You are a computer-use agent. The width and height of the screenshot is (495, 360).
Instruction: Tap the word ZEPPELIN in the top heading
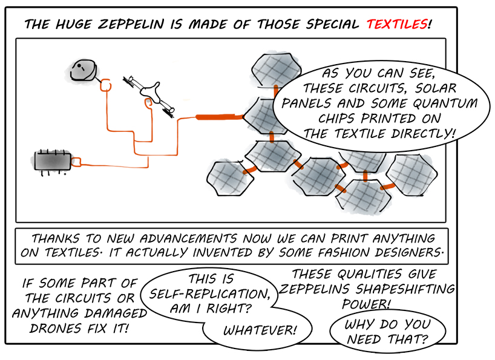click(131, 24)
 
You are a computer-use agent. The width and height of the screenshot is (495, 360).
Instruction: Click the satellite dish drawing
click(83, 70)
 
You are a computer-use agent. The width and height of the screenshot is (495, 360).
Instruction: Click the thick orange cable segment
click(220, 117)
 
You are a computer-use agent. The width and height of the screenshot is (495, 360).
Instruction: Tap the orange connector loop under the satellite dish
click(105, 85)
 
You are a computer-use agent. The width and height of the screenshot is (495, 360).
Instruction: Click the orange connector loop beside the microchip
click(76, 162)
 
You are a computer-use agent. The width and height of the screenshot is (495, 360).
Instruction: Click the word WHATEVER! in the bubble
click(260, 330)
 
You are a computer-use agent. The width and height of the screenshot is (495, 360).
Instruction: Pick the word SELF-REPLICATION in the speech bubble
click(209, 294)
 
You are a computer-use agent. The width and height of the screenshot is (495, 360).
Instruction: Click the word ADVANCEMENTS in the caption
click(188, 238)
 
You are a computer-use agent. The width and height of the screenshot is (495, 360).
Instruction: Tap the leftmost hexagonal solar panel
click(230, 178)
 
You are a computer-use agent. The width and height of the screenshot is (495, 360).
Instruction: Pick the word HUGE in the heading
click(74, 24)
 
